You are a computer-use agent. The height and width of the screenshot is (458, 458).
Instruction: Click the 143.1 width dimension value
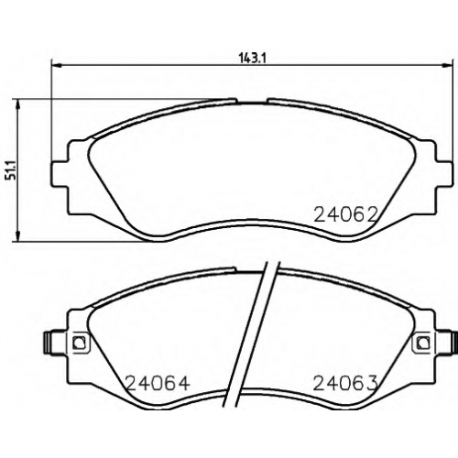point(252,58)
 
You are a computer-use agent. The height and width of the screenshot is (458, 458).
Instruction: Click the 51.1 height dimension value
point(13,172)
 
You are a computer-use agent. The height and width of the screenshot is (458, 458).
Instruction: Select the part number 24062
point(345,214)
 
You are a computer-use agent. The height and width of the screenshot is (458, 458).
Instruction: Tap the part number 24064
point(158,383)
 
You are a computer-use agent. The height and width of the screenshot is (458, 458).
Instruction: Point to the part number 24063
point(345,383)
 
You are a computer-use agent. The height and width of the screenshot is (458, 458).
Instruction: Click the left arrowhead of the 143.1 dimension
point(56,65)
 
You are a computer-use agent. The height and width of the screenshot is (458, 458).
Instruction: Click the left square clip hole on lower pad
point(80,342)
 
